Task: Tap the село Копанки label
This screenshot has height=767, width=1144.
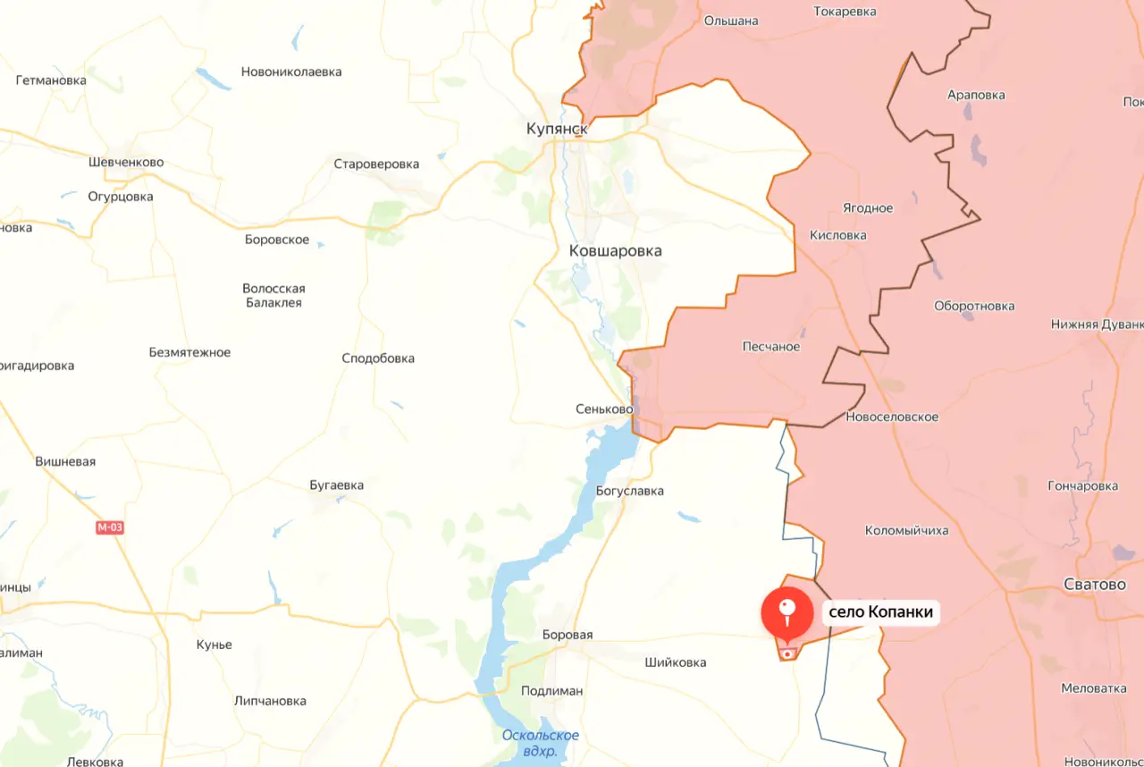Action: pyautogui.click(x=880, y=612)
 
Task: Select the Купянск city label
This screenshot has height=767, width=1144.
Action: pyautogui.click(x=557, y=130)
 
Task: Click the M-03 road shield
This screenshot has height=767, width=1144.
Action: pyautogui.click(x=110, y=527)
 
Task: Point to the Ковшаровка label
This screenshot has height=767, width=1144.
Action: pyautogui.click(x=615, y=251)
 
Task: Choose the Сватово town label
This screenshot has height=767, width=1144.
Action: pyautogui.click(x=1095, y=585)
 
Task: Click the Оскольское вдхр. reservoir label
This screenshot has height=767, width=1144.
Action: pyautogui.click(x=540, y=743)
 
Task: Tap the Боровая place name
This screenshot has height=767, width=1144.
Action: pyautogui.click(x=568, y=635)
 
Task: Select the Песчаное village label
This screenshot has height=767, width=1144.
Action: pyautogui.click(x=771, y=347)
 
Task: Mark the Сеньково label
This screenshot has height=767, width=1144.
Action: pyautogui.click(x=604, y=409)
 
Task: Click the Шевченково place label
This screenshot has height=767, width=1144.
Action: pyautogui.click(x=126, y=163)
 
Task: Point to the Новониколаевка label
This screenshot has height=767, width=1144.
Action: pyautogui.click(x=291, y=72)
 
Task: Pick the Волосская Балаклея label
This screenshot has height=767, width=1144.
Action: pyautogui.click(x=273, y=296)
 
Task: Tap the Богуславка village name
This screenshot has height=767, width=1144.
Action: pyautogui.click(x=630, y=491)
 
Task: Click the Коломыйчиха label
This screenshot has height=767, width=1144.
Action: pyautogui.click(x=906, y=531)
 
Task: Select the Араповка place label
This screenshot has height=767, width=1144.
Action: pyautogui.click(x=976, y=95)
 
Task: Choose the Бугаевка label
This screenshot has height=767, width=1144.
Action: pyautogui.click(x=336, y=485)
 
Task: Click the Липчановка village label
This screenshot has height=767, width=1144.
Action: pyautogui.click(x=270, y=701)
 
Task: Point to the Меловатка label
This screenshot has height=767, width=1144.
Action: pyautogui.click(x=1094, y=688)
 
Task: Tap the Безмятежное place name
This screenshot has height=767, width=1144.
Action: pyautogui.click(x=189, y=352)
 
